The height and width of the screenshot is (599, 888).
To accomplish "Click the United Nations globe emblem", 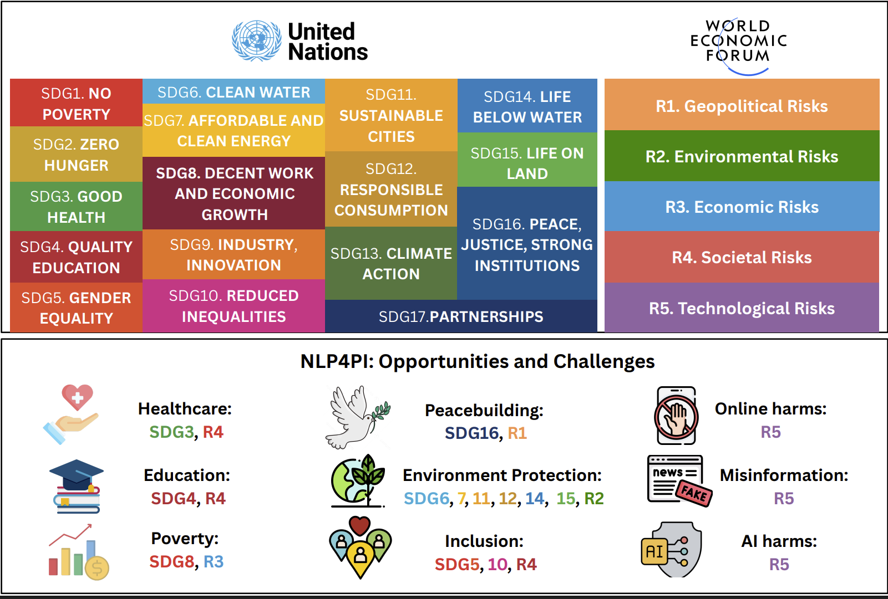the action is (256, 41).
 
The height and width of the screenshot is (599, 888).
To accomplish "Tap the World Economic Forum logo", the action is (738, 46).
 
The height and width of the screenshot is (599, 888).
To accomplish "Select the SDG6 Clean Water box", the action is (234, 91).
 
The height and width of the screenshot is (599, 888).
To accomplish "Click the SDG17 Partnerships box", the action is (461, 316).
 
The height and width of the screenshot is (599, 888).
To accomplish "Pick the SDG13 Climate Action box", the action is (391, 263).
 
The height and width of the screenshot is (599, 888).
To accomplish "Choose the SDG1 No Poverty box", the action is (76, 103).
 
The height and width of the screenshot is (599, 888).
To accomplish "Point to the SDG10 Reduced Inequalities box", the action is (234, 306).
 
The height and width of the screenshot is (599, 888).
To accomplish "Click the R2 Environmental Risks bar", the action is (742, 156).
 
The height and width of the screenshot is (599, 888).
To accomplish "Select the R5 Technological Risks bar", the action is (742, 308).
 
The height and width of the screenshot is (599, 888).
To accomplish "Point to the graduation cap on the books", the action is (77, 475).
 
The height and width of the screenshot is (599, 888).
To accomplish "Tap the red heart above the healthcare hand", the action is (77, 397).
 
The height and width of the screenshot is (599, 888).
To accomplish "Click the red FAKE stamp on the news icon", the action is (694, 493).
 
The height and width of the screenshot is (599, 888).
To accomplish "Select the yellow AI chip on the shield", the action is (654, 551).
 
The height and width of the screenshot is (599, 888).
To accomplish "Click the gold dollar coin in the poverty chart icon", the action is (97, 569).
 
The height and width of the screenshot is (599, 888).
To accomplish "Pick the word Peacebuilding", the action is (484, 411).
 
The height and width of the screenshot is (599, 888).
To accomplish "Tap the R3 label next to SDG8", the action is (214, 562).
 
